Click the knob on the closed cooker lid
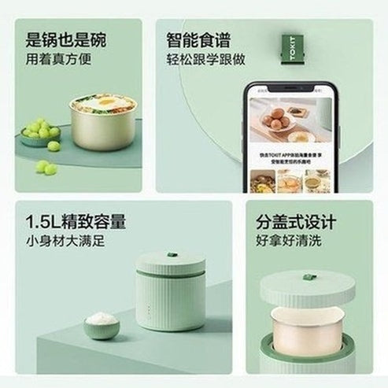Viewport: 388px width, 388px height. (169, 256)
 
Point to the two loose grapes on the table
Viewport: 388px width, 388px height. (46, 167)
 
